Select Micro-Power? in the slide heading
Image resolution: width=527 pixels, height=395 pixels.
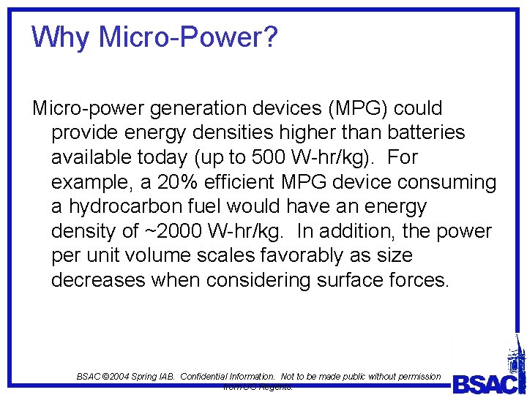click(189, 37)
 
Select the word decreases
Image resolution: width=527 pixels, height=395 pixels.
click(99, 280)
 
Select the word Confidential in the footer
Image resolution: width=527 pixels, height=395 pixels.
click(211, 376)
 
